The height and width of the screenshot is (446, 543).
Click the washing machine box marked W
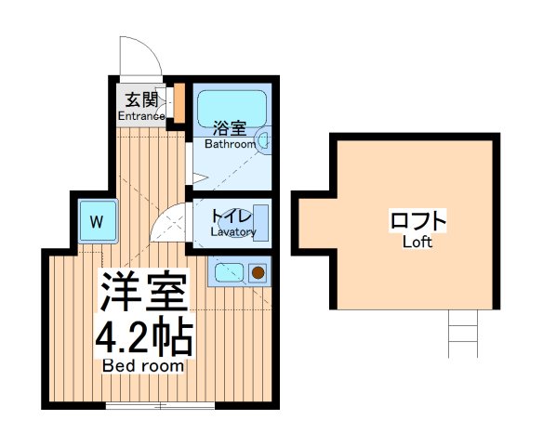tap(97, 223)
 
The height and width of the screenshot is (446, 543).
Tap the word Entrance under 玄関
tap(141, 116)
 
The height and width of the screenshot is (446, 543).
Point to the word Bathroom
tap(230, 144)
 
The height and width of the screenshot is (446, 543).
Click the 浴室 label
tap(228, 128)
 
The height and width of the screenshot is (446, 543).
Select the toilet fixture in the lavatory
tap(260, 224)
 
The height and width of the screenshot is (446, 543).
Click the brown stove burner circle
tap(257, 273)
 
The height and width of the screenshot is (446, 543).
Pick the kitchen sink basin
tap(227, 273)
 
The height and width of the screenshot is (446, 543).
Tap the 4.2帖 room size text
tap(144, 339)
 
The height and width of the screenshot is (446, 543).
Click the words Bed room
tap(143, 366)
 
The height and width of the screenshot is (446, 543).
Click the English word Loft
tap(417, 243)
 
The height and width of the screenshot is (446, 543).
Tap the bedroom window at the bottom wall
tap(159, 405)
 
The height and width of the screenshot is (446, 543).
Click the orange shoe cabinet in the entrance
tap(179, 105)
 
